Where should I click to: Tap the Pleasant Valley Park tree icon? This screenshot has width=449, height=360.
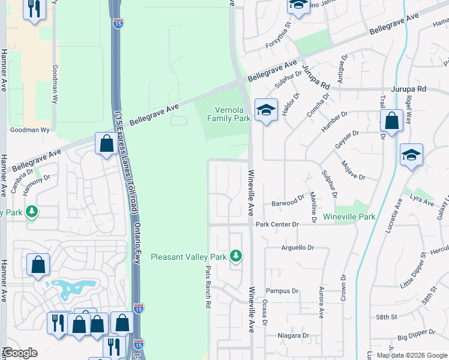(x=236, y=256)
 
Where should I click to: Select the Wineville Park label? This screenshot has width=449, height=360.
(x=349, y=216)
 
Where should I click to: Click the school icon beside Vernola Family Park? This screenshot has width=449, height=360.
(x=265, y=110)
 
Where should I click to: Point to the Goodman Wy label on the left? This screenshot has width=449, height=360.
(x=25, y=129)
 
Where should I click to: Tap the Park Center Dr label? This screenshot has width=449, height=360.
(x=277, y=224)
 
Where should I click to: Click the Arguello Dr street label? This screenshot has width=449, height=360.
(x=298, y=247)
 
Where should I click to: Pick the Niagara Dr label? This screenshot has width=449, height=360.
(x=293, y=335)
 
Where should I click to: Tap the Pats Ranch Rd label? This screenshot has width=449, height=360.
(x=208, y=287)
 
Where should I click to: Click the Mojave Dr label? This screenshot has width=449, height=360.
(x=353, y=170)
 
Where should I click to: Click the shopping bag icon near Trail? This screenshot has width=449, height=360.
(x=391, y=121)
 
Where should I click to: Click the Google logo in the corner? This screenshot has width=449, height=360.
(x=20, y=353)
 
